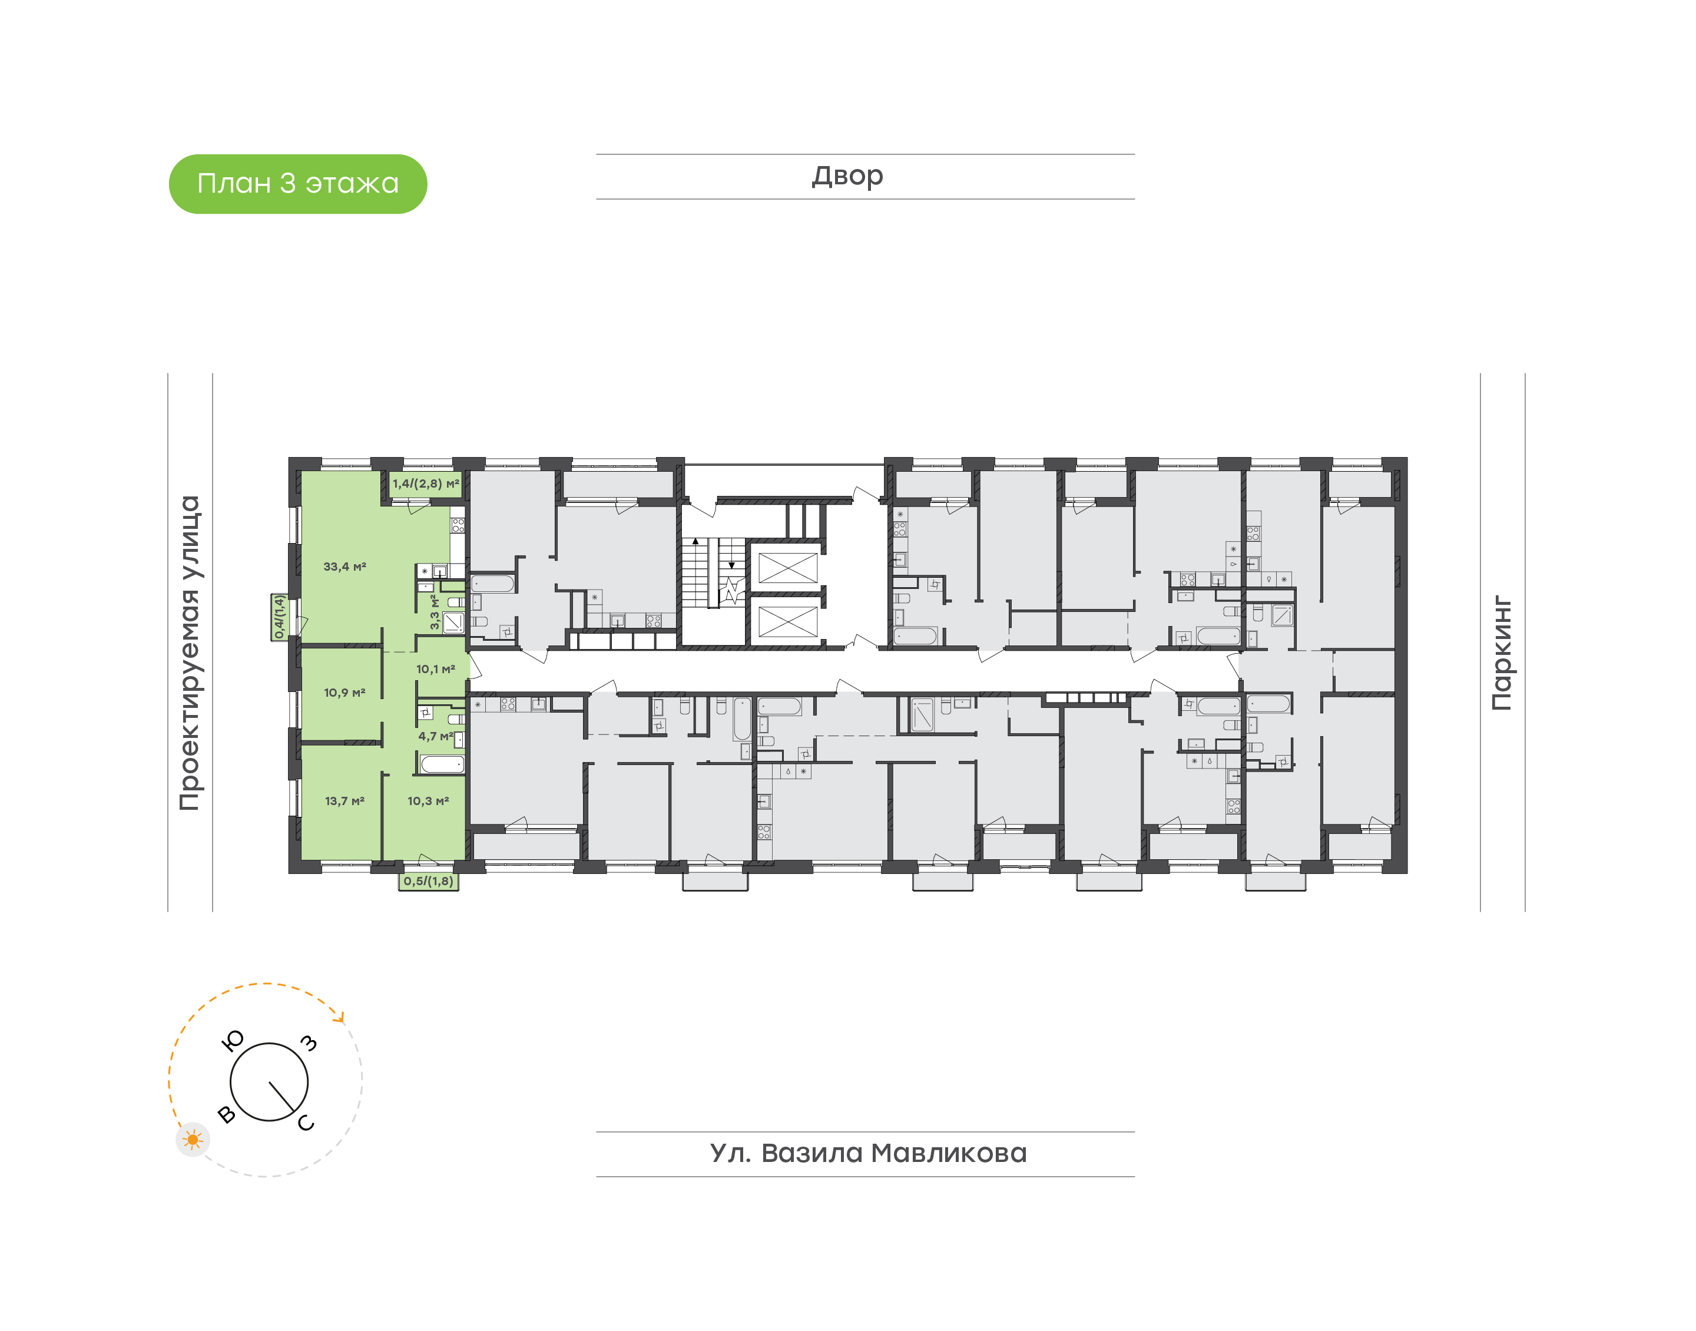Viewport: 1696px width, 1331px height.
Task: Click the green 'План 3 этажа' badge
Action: pos(297,184)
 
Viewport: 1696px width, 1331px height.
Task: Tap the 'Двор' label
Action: pos(847,177)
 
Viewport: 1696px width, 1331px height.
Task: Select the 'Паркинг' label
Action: pos(1501,654)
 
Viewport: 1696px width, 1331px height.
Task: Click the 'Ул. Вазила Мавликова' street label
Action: pos(868,1153)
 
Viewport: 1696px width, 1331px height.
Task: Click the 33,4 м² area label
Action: pos(344,567)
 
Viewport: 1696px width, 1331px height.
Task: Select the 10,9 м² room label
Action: pos(344,692)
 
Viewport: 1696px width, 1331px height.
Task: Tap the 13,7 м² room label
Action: pos(344,800)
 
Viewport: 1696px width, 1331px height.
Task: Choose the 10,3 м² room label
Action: pos(428,800)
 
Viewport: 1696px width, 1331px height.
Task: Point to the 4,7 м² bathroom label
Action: pos(436,736)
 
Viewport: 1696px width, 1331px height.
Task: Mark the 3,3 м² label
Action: pos(435,612)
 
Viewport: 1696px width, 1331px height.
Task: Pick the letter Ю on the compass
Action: pos(233,1040)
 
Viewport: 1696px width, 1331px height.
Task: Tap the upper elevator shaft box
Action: pos(787,567)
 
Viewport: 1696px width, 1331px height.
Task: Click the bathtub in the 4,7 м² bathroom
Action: pos(442,764)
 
